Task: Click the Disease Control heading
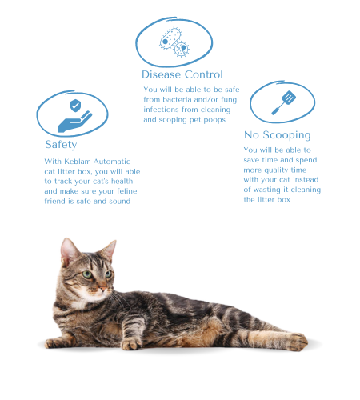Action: pyautogui.click(x=182, y=75)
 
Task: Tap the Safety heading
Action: pyautogui.click(x=61, y=145)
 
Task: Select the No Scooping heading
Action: pyautogui.click(x=277, y=135)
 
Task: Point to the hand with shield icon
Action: pyautogui.click(x=74, y=115)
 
